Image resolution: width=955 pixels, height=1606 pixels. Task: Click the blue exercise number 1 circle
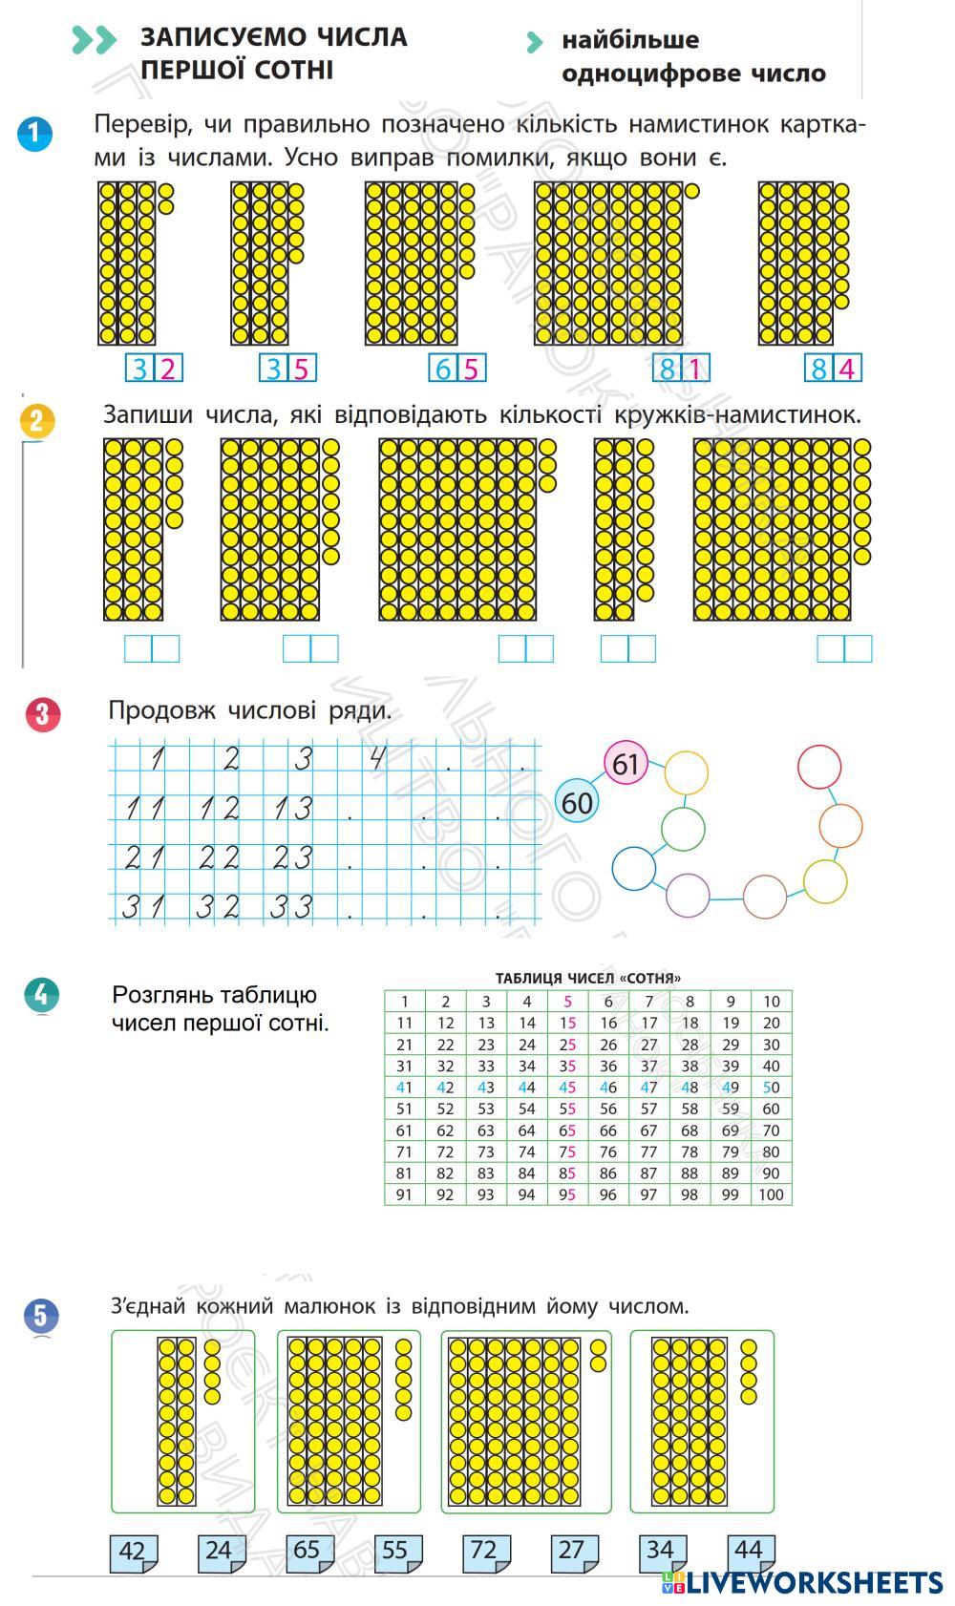[x=34, y=134]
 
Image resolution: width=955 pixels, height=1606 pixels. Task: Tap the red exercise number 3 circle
[x=43, y=714]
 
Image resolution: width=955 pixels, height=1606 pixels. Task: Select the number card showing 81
[x=681, y=368]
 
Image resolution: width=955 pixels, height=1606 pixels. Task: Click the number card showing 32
[x=154, y=368]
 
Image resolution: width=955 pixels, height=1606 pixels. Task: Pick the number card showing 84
[x=833, y=368]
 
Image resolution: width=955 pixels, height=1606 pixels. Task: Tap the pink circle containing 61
[x=626, y=764]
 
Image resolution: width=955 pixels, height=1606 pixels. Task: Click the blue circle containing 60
[x=577, y=803]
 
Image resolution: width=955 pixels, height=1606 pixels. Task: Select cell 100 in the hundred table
[x=771, y=1194]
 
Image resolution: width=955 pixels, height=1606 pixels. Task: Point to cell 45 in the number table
[x=567, y=1088]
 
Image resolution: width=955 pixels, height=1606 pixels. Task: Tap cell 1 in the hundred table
[x=405, y=1002]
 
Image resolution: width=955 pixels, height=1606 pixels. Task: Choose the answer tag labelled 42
[x=133, y=1552]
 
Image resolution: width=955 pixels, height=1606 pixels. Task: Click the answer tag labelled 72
[x=483, y=1552]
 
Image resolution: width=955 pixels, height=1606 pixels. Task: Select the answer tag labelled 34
[x=660, y=1552]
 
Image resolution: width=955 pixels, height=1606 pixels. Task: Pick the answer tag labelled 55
[x=395, y=1552]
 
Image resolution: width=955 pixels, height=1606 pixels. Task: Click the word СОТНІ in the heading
[x=287, y=71]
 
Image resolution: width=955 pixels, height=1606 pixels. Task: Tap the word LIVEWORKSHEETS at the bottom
[x=815, y=1582]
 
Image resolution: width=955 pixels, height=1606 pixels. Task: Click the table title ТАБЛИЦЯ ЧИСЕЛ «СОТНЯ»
[x=587, y=978]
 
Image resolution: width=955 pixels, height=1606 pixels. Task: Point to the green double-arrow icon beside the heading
[x=94, y=40]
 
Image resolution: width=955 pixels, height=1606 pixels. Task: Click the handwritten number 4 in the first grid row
[x=378, y=758]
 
